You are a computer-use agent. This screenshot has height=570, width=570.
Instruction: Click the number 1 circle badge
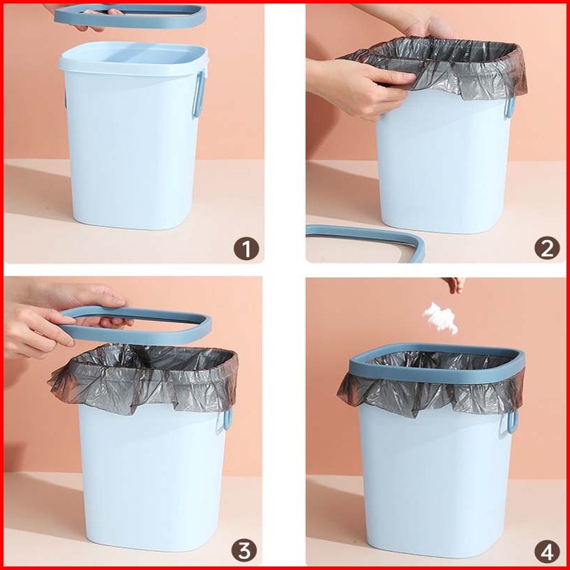click(246, 248)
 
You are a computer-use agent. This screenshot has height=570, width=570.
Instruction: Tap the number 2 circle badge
click(547, 248)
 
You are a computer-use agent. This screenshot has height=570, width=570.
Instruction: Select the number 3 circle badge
click(244, 550)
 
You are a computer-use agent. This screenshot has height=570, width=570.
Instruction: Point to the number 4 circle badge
click(547, 551)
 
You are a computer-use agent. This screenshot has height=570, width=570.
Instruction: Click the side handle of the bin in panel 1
click(199, 94)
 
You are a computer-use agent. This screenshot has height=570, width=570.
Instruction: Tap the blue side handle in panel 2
click(510, 108)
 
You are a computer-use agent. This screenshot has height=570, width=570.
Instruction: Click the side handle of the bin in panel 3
click(227, 419)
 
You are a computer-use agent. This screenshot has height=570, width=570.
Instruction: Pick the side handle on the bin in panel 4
click(512, 422)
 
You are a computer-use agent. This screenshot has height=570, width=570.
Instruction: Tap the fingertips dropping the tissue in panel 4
click(455, 284)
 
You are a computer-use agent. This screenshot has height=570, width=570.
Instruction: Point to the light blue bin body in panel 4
click(436, 480)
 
